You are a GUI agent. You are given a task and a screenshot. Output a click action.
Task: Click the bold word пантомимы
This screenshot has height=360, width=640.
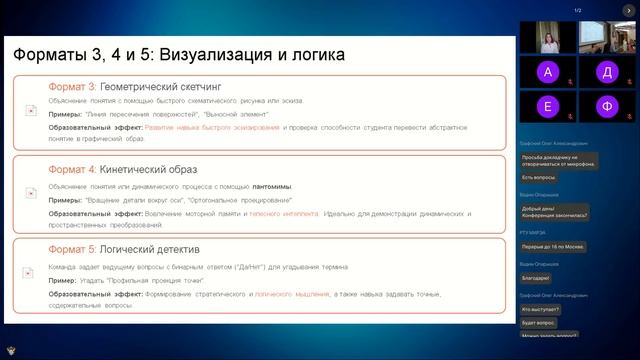point(272,187)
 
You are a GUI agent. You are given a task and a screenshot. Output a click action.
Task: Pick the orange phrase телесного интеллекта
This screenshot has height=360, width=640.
point(291,213)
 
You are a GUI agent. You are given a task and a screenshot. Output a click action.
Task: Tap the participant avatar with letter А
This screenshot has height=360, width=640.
point(547,73)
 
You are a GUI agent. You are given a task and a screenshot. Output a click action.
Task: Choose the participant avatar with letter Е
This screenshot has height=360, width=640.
point(547,107)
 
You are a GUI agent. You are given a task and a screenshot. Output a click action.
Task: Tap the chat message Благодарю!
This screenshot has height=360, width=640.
point(535,277)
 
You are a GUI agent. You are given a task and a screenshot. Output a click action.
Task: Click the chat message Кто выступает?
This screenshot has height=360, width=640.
point(540,310)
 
